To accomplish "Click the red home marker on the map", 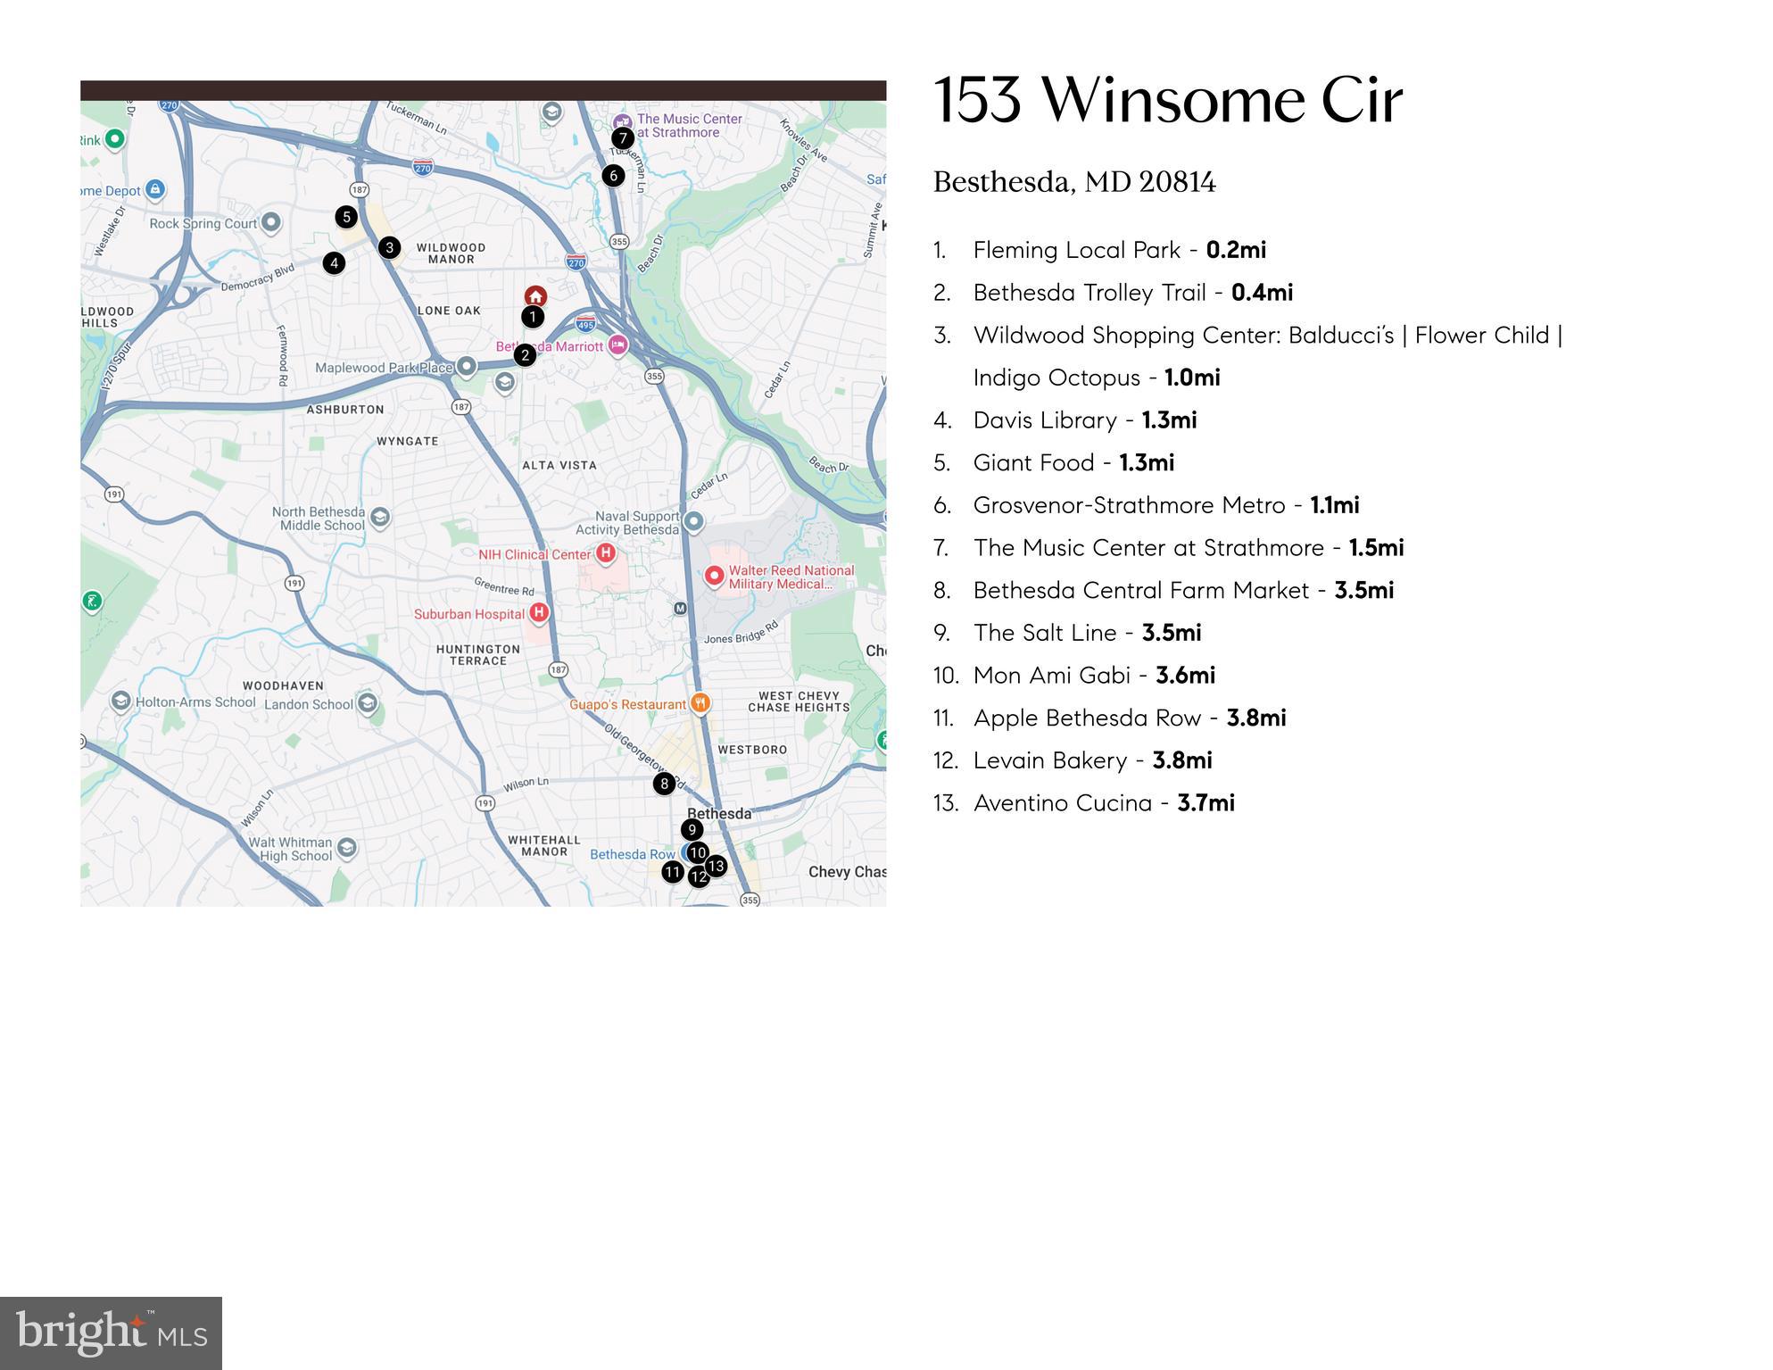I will click(535, 296).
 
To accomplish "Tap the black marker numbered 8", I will click(664, 784).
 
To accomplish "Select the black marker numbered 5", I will click(346, 217).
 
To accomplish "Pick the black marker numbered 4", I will click(334, 263).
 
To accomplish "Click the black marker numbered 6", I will click(613, 176).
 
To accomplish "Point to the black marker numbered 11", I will click(673, 872).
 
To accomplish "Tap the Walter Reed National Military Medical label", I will click(791, 577).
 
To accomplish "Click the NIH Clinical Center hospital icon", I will click(606, 553).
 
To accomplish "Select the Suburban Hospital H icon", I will click(539, 613).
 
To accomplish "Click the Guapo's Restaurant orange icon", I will click(701, 703).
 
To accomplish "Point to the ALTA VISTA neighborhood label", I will click(559, 465).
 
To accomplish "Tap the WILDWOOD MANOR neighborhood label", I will click(451, 253).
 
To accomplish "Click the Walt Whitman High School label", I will click(290, 849).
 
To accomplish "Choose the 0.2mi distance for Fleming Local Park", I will click(1236, 250).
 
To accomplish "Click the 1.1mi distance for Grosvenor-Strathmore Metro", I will click(1335, 505).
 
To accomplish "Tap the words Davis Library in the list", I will click(1045, 420).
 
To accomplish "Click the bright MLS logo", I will click(111, 1333).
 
